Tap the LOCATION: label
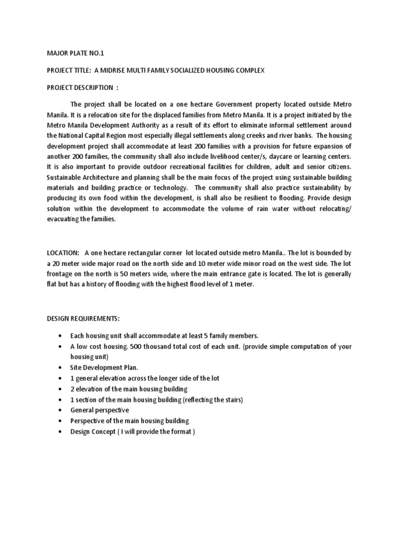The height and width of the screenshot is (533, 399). [x=63, y=253]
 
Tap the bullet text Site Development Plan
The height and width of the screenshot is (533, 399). [x=104, y=367]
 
